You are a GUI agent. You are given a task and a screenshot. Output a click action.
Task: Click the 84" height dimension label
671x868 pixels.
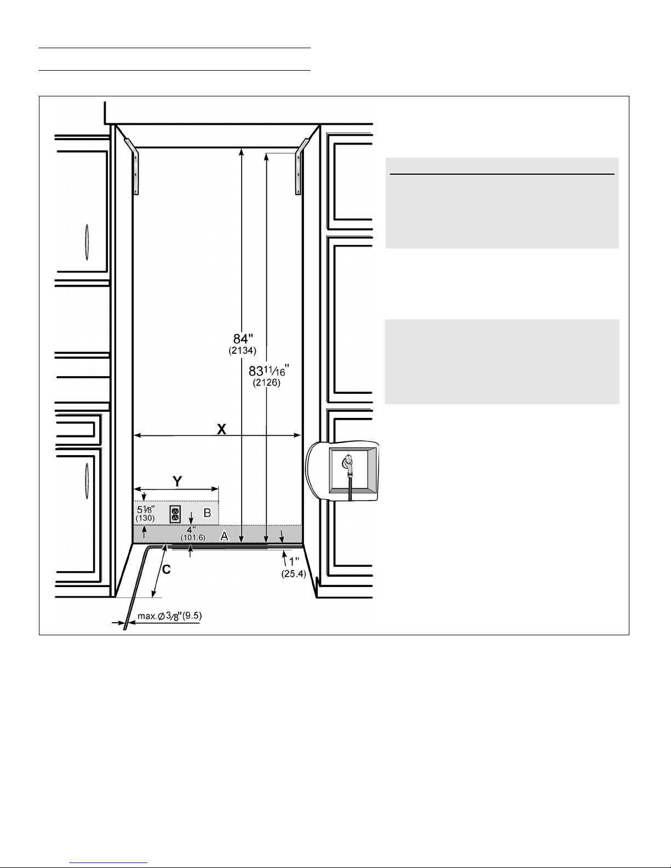(x=243, y=339)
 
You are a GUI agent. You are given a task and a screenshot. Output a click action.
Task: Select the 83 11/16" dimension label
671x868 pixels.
(x=269, y=371)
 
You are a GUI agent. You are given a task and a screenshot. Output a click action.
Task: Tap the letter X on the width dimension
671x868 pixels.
(x=221, y=429)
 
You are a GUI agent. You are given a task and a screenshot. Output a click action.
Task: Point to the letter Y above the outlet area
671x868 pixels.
(x=177, y=481)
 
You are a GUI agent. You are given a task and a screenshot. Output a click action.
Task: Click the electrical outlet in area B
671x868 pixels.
(x=175, y=514)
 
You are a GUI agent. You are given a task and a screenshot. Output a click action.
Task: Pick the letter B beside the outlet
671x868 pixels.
(x=207, y=513)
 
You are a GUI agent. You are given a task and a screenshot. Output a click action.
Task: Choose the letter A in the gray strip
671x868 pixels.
(x=225, y=536)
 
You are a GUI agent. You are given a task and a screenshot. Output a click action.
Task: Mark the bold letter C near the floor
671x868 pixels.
(x=167, y=569)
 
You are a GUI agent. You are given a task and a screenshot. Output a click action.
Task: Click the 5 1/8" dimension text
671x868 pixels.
(x=146, y=510)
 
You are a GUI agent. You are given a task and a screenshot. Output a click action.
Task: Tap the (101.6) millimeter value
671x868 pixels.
(x=193, y=538)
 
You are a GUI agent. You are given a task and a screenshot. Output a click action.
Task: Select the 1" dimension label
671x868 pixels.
(x=294, y=562)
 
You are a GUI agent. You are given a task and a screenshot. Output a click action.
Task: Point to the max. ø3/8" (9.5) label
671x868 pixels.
(x=170, y=616)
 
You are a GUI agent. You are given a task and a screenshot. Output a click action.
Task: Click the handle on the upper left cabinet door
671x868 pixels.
(x=87, y=242)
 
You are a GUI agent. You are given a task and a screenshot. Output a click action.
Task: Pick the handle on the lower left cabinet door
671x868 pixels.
(x=87, y=480)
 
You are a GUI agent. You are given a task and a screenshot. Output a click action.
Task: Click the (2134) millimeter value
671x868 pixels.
(x=243, y=350)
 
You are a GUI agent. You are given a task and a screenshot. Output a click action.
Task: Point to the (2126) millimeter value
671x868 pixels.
(x=266, y=383)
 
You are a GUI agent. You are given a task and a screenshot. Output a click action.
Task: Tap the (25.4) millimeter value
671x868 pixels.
(x=294, y=574)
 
